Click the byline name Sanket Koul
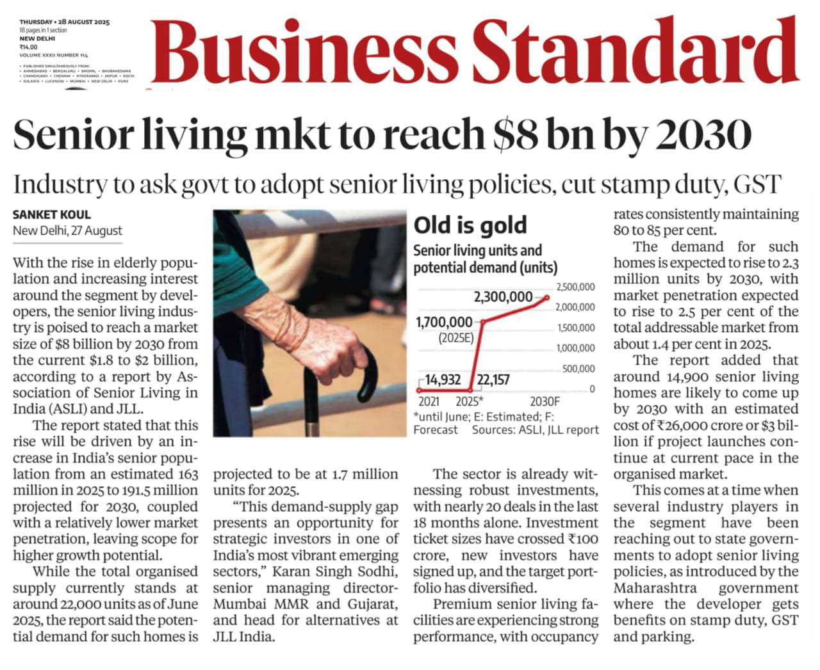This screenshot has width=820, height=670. coord(52,215)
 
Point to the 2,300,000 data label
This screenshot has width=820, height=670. coord(503,297)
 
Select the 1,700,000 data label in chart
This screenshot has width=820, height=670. coord(444,322)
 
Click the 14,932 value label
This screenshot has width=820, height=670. coord(443,380)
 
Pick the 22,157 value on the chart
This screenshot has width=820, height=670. coord(493,380)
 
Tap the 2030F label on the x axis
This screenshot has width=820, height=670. coord(545,402)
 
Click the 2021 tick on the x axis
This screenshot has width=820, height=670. coord(429,402)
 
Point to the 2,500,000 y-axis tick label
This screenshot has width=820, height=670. coord(575,287)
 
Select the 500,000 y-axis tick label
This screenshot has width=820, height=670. coord(578,369)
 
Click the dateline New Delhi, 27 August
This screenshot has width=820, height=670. coord(67,231)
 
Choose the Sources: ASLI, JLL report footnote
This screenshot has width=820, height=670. coord(535,430)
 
